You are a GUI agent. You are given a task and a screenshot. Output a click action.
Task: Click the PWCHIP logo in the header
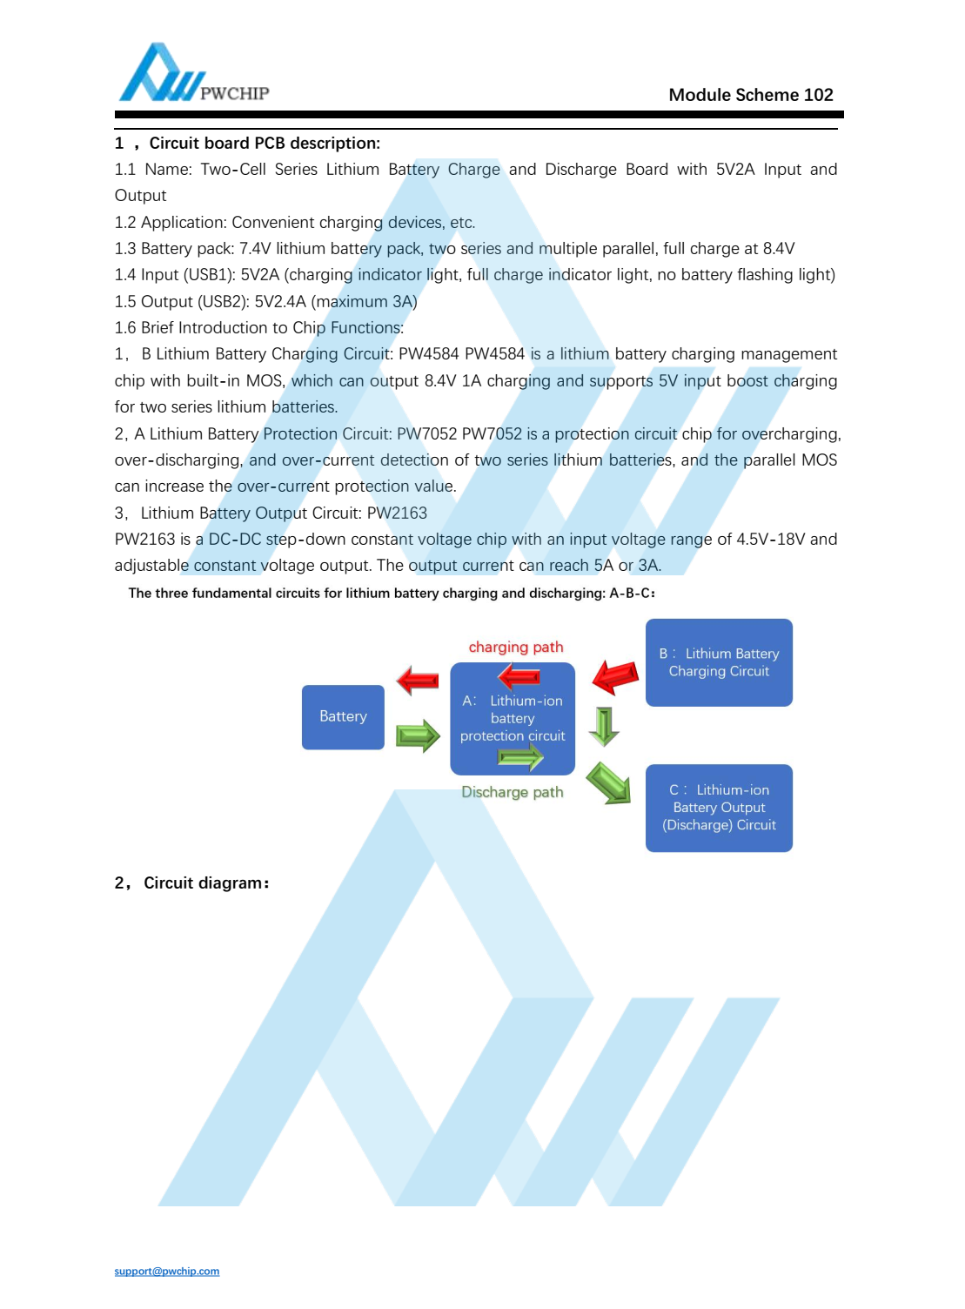(193, 74)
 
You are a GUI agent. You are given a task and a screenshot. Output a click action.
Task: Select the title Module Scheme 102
(750, 95)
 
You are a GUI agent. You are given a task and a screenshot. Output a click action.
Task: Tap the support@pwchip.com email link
(167, 1272)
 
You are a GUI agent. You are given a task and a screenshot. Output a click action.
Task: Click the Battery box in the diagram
(343, 717)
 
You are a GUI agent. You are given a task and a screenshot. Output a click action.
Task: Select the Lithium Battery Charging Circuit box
(719, 662)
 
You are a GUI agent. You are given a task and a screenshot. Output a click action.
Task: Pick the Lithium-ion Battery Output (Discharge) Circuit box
(719, 808)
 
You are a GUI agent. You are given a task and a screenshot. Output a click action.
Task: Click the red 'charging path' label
(516, 648)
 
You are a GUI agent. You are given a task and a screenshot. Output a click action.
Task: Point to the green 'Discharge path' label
(513, 793)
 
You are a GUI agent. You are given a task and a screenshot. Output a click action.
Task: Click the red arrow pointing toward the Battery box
(418, 680)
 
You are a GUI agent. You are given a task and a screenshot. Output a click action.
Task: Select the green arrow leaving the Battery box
(418, 735)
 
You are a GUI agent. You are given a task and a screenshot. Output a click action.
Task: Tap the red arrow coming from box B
(615, 676)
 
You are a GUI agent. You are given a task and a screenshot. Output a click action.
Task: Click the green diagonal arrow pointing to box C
(608, 782)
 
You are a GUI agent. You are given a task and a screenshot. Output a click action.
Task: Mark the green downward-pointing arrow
(604, 726)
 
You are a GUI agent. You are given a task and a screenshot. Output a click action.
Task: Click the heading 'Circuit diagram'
(205, 883)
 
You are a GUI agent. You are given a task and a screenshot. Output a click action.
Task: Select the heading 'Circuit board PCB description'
(265, 144)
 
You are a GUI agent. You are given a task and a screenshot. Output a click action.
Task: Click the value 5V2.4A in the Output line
(280, 302)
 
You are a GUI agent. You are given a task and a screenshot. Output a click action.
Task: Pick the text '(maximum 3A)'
(364, 302)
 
